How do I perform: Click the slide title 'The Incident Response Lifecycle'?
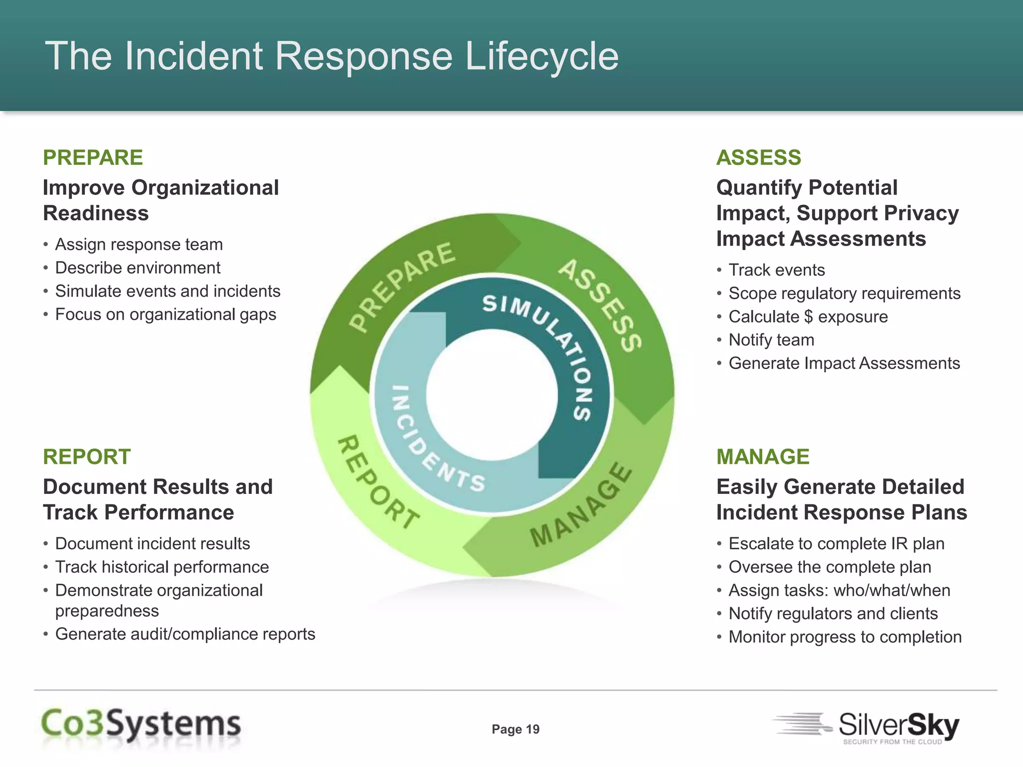332,56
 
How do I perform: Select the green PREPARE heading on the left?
93,158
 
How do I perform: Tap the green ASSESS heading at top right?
758,158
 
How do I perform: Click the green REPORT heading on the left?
87,457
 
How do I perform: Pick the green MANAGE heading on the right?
763,457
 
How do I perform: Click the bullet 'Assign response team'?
139,245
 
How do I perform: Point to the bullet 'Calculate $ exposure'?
808,317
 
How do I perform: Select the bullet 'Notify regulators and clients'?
833,614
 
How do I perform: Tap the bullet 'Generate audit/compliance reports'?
185,634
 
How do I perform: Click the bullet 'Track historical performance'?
162,567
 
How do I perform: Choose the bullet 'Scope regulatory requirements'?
844,294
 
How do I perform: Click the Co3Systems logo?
141,725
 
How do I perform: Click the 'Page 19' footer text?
515,730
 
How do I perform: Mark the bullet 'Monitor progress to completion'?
845,637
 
